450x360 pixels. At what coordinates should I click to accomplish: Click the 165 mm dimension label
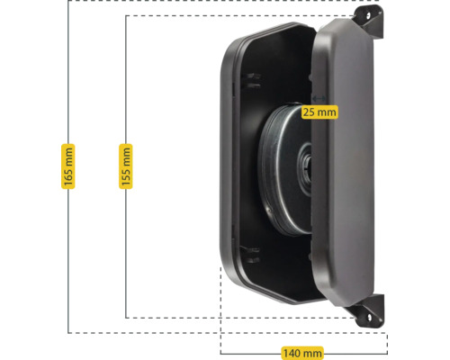pyautogui.click(x=68, y=166)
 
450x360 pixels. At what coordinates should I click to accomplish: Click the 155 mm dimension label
pyautogui.click(x=126, y=166)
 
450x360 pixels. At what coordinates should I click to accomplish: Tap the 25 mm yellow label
pyautogui.click(x=319, y=112)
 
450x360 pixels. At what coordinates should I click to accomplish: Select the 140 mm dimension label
pyautogui.click(x=302, y=353)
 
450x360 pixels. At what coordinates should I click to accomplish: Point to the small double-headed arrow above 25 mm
pyautogui.click(x=319, y=98)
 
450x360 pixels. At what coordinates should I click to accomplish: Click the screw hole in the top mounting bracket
pyautogui.click(x=369, y=14)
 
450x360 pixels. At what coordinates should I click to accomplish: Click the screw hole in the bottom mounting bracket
pyautogui.click(x=369, y=317)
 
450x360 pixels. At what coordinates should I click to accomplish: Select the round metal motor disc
pyautogui.click(x=285, y=169)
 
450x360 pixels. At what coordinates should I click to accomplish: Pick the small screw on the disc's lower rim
pyautogui.click(x=268, y=210)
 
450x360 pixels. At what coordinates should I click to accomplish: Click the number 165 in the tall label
pyautogui.click(x=68, y=177)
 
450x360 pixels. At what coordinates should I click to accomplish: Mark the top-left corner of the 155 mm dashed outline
pyautogui.click(x=126, y=15)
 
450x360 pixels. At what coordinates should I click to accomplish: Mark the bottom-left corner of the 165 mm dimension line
pyautogui.click(x=68, y=333)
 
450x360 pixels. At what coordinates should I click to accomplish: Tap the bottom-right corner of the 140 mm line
pyautogui.click(x=387, y=354)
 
